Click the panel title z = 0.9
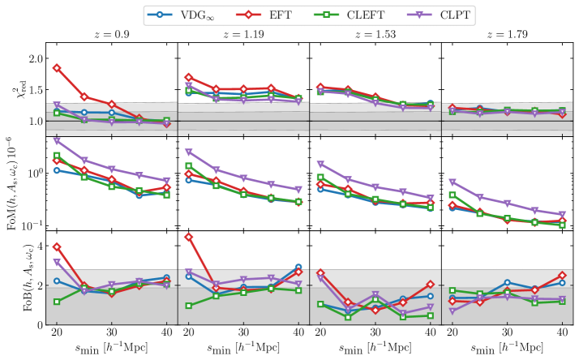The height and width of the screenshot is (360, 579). [110, 35]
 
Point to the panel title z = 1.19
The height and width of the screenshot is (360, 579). [242, 35]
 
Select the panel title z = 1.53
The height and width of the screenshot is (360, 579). [375, 35]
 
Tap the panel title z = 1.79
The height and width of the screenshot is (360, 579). [507, 35]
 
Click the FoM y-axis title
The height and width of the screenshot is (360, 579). [11, 183]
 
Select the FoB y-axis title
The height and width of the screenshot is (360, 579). [11, 277]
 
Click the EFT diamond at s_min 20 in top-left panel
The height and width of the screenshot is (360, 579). [57, 68]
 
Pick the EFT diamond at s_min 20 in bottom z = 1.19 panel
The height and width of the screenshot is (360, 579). [189, 238]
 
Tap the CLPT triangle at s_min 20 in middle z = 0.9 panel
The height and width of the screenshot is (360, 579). [57, 141]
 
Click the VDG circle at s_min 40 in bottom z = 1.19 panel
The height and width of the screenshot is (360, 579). [298, 268]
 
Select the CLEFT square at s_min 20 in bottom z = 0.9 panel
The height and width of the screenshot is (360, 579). [57, 302]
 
